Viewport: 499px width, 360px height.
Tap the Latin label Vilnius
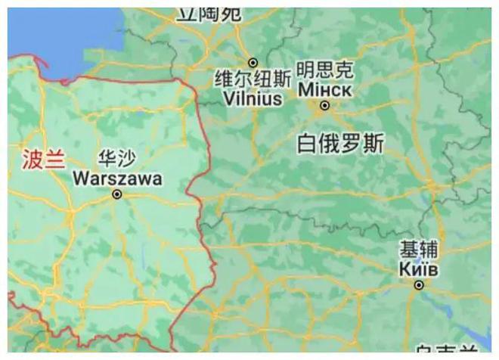tap(253, 99)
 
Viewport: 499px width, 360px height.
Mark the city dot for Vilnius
tap(253, 63)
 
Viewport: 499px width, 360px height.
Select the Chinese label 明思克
tap(324, 71)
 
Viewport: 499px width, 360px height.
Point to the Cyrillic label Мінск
tap(324, 89)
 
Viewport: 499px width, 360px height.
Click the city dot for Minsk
tap(324, 106)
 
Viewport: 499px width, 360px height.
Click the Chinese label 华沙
tap(117, 160)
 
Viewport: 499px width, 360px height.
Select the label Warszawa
tap(117, 179)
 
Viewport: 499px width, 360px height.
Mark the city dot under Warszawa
tap(117, 194)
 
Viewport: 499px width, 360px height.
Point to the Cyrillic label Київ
tap(419, 268)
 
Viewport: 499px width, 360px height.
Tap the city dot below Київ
tap(419, 285)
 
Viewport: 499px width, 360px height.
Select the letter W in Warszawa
tap(82, 179)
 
